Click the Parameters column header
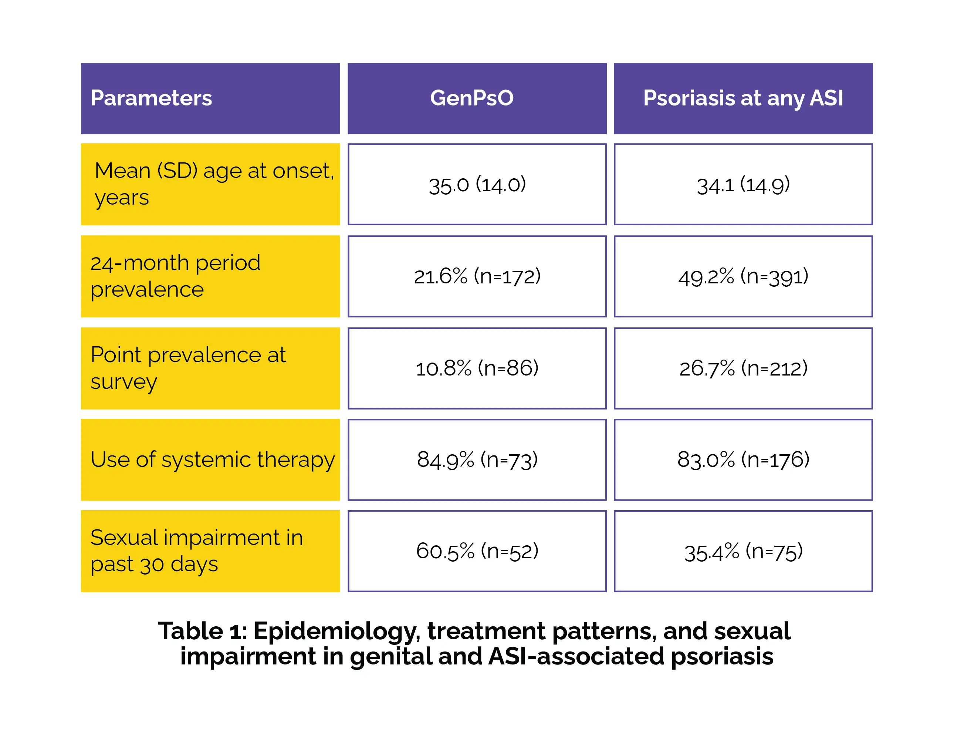tap(210, 98)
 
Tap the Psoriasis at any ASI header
tap(743, 98)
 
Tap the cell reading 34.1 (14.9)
tap(743, 184)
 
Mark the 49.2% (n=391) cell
tap(743, 276)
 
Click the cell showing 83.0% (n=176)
tap(743, 459)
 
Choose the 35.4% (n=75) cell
tap(743, 551)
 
